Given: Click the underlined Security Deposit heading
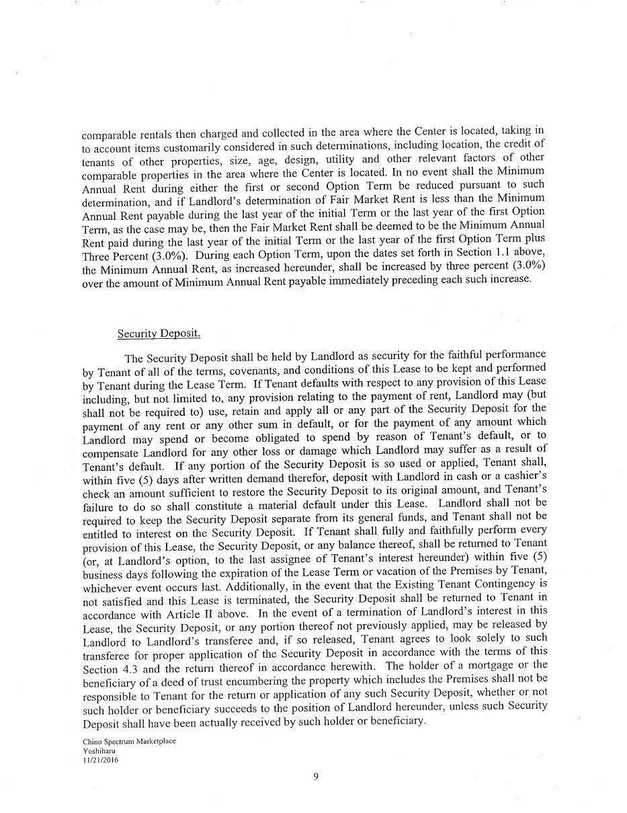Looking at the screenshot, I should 159,334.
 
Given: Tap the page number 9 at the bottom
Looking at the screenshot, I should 316,777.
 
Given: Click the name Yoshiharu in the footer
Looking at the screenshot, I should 97,750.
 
